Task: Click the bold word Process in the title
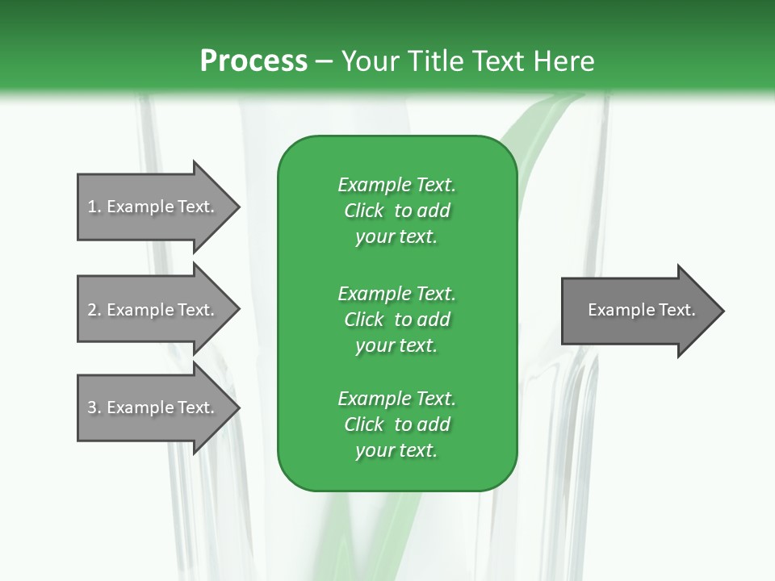(253, 61)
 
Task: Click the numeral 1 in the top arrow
(92, 207)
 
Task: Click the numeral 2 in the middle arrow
(92, 310)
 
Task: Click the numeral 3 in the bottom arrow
(92, 408)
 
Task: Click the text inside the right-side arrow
(642, 310)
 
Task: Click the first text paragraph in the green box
(397, 211)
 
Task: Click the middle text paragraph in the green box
(397, 320)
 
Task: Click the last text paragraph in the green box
(397, 424)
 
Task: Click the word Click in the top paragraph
(364, 211)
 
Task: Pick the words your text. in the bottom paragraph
(396, 450)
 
